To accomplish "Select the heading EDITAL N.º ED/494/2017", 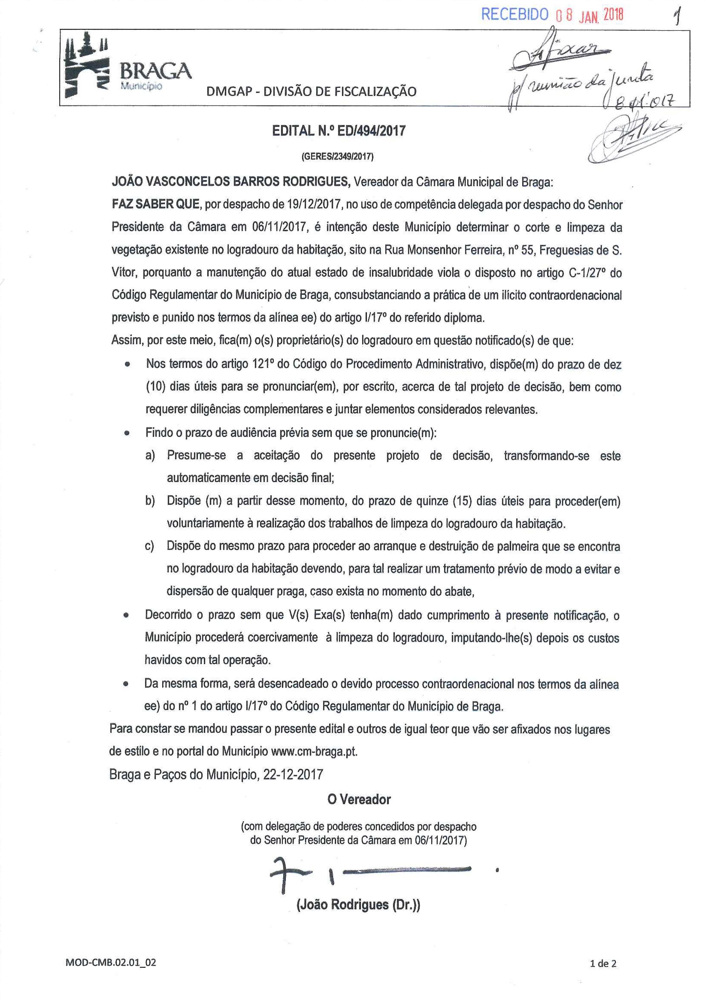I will (x=339, y=131).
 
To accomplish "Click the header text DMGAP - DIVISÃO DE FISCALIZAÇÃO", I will (x=311, y=91).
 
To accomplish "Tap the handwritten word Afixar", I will (x=561, y=54).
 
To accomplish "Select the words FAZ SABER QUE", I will (x=156, y=204).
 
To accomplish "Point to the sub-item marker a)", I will (x=150, y=455).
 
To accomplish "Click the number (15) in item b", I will (x=462, y=501).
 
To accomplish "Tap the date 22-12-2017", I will (x=293, y=774).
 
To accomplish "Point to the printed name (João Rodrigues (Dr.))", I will (x=358, y=905).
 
